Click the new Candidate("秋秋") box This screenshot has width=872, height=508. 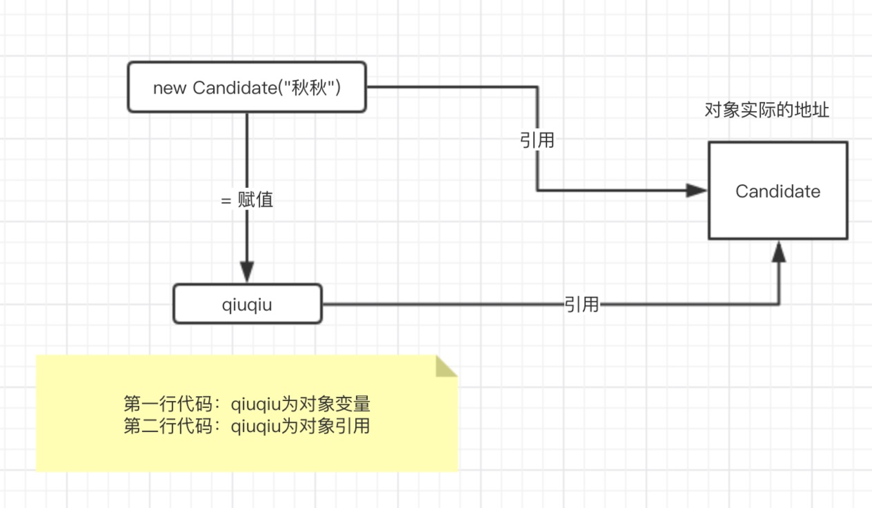pos(247,87)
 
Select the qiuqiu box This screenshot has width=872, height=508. pos(248,304)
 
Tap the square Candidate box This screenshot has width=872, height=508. pos(778,191)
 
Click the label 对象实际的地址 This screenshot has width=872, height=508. pos(767,110)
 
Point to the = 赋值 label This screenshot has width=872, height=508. pos(247,200)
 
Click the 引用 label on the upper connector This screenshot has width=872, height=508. pos(537,140)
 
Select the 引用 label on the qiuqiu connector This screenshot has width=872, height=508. pos(582,304)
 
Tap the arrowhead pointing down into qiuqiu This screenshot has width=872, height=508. pos(247,272)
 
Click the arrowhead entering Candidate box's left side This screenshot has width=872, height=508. pos(696,191)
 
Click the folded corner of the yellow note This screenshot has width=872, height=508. pos(447,366)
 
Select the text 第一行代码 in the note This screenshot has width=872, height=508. pos(168,404)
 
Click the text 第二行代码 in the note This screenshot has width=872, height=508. pos(168,426)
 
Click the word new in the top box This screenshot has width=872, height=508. pos(169,89)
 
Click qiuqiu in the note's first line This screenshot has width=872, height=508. pos(256,405)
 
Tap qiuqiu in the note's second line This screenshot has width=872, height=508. pos(256,426)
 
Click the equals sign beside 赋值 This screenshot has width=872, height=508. pos(226,201)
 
